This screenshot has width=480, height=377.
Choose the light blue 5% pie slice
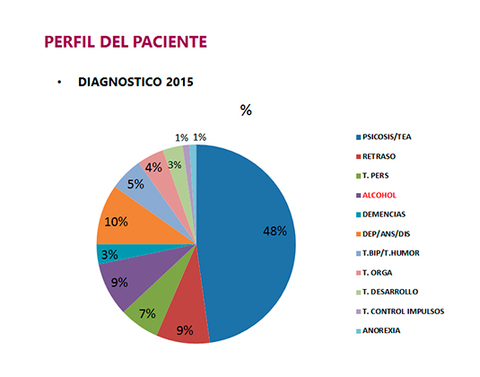coord(136,184)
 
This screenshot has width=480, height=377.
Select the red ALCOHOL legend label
coord(380,195)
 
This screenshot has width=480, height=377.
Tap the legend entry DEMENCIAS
coord(386,215)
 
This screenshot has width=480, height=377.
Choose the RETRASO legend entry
coord(380,156)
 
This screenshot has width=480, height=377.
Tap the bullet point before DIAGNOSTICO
coord(59,82)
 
